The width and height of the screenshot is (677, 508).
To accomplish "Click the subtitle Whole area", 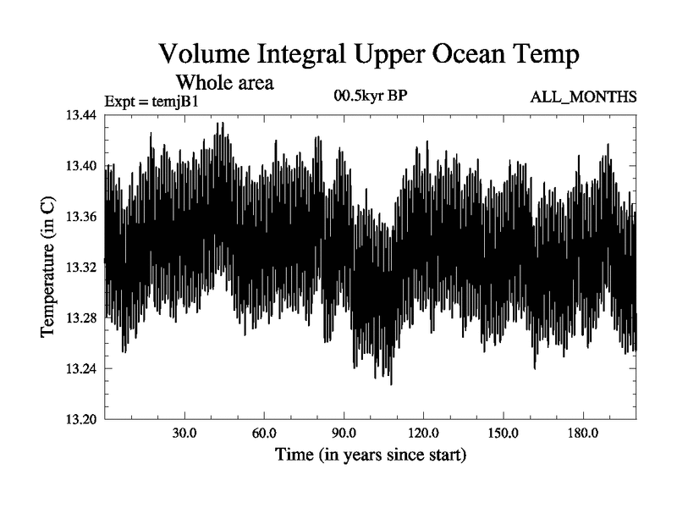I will (x=224, y=83).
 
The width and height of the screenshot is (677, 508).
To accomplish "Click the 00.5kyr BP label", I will (x=369, y=97).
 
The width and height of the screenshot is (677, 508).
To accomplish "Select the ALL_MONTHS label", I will (x=583, y=98).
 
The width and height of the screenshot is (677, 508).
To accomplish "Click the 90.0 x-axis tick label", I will (x=344, y=433).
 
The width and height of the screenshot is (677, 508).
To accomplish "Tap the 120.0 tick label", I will (x=423, y=433).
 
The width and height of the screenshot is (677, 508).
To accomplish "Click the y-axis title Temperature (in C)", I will (x=48, y=268).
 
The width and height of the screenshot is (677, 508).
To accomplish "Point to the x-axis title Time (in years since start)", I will (x=370, y=456).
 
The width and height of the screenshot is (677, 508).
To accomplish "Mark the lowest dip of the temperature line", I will (x=391, y=384).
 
